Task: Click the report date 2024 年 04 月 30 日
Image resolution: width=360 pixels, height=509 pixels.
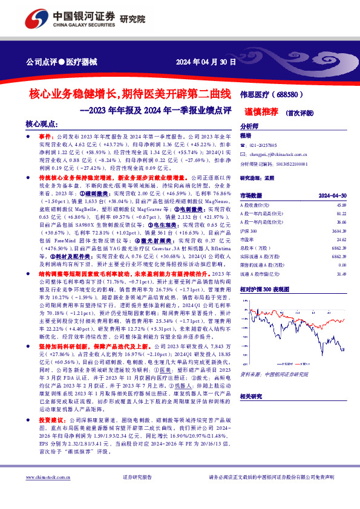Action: click(206, 62)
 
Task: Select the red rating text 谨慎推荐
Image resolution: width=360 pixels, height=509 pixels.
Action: click(261, 112)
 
